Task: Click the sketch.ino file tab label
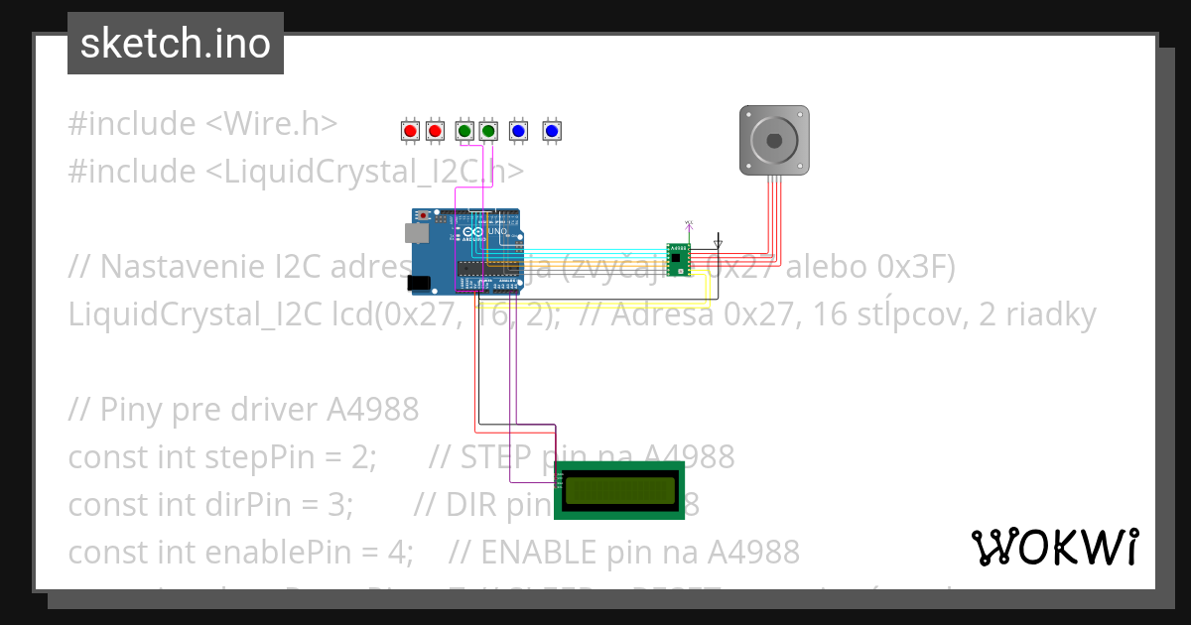click(176, 44)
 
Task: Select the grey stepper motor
click(774, 140)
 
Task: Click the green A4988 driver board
click(679, 260)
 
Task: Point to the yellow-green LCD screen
click(620, 489)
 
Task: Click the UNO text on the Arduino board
click(496, 232)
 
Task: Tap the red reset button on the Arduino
click(424, 214)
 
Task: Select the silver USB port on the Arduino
click(415, 233)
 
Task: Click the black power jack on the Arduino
click(419, 283)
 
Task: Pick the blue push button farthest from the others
click(552, 130)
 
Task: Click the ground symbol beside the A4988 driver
click(719, 242)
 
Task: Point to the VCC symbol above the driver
click(691, 224)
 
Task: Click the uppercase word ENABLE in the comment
click(539, 552)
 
